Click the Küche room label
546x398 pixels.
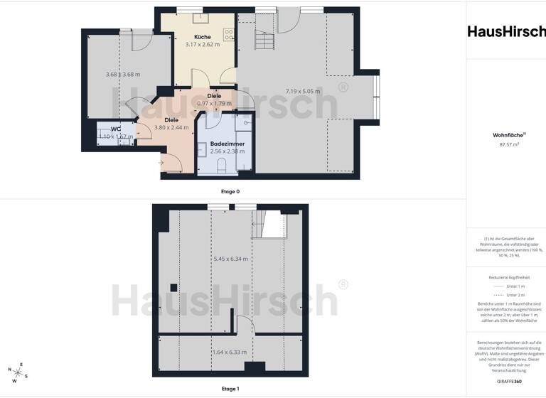tap(203, 36)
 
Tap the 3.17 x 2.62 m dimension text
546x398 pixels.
tap(203, 45)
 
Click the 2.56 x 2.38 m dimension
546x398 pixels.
tap(227, 151)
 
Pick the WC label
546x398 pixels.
tap(115, 129)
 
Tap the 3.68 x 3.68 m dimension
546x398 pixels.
tap(123, 75)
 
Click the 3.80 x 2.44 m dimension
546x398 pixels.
tap(171, 128)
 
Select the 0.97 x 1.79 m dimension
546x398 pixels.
tap(214, 104)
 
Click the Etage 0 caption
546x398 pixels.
tap(230, 191)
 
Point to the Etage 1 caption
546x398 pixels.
tap(230, 389)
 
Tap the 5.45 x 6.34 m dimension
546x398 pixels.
tap(230, 259)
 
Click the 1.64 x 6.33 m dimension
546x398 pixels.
tap(230, 352)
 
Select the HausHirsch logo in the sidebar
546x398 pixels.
tap(506, 31)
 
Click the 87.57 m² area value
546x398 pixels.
tap(505, 144)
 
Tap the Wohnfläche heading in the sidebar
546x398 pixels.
tap(505, 134)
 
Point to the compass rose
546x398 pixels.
tap(17, 370)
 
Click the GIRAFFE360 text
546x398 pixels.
tap(506, 382)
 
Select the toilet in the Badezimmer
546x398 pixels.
tap(222, 167)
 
